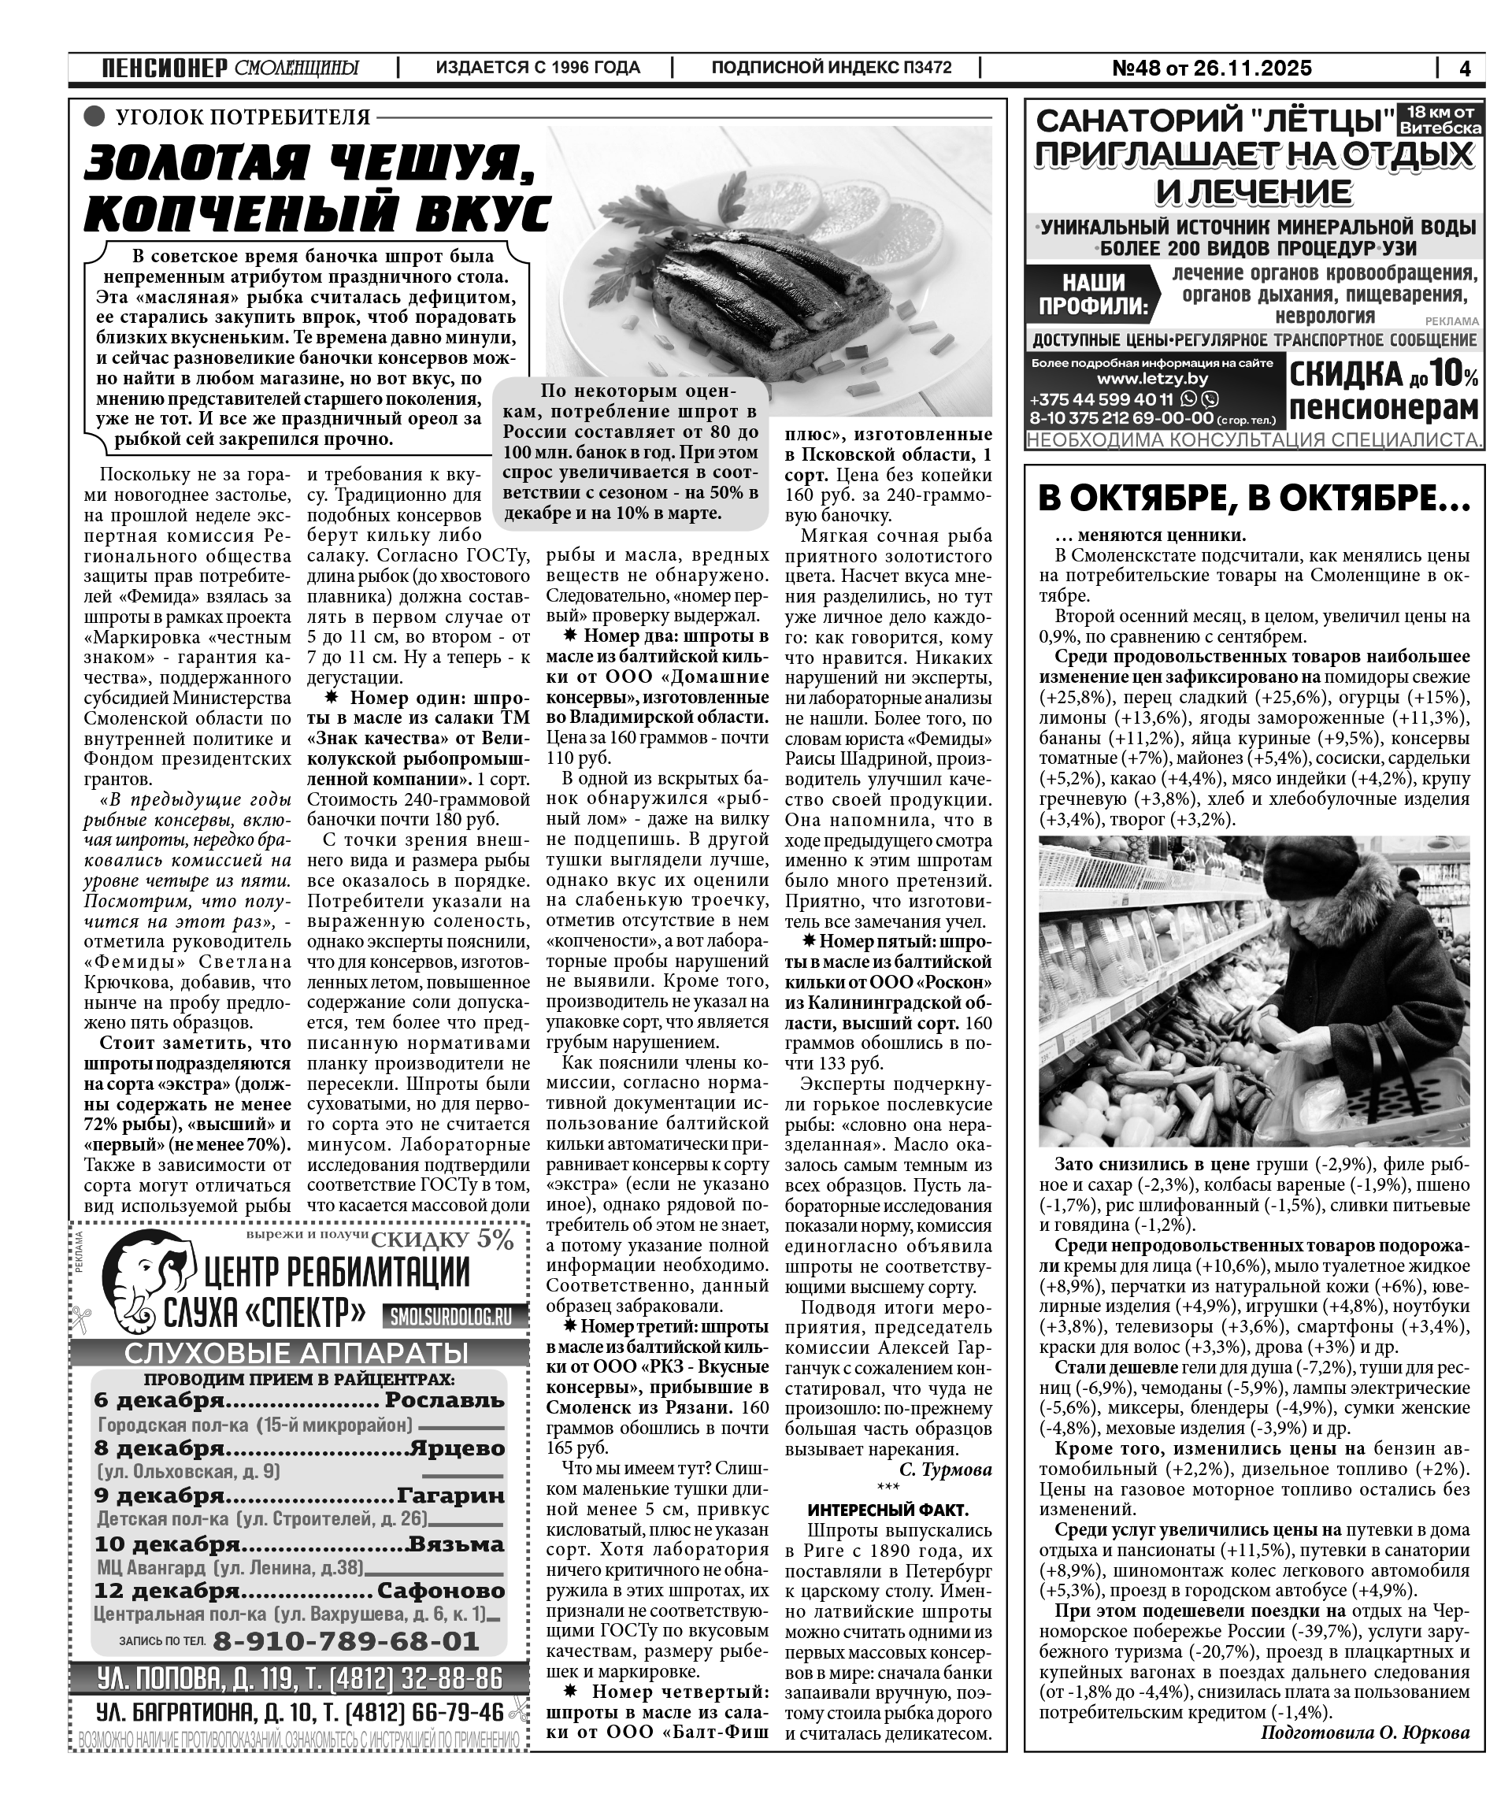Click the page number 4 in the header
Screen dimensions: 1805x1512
(1465, 68)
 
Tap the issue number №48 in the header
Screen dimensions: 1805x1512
(1137, 68)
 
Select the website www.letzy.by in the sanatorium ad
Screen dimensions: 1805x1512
(1152, 379)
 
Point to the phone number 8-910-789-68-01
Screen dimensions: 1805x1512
(346, 1641)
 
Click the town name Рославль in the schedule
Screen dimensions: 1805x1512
(444, 1400)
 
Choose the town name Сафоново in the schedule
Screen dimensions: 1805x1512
(441, 1590)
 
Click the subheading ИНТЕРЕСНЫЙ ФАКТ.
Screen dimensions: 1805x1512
(888, 1510)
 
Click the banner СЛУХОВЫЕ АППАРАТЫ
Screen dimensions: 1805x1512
(297, 1353)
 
